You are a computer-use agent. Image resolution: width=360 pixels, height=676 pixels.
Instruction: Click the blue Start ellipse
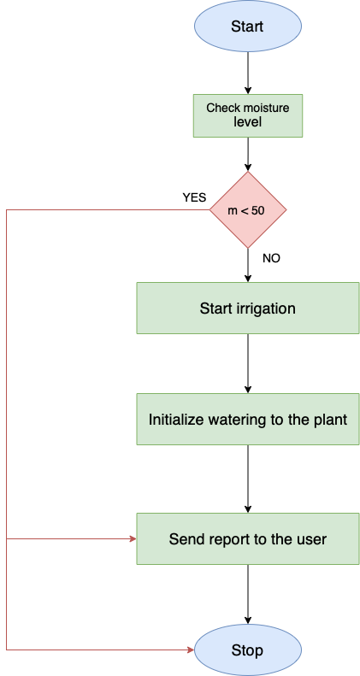tap(247, 26)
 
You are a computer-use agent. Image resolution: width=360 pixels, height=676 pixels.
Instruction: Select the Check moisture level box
tap(247, 115)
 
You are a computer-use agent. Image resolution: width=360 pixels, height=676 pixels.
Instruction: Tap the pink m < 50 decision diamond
tap(247, 209)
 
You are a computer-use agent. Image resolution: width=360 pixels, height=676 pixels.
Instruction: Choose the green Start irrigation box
tap(247, 309)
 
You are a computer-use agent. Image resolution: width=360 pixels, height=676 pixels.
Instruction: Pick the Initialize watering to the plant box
tap(247, 420)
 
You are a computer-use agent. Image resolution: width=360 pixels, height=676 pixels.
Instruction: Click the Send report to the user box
tap(247, 539)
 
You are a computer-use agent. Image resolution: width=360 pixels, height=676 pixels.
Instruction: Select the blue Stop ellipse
tap(247, 650)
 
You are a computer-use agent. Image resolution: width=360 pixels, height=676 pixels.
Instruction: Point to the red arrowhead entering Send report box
tap(133, 539)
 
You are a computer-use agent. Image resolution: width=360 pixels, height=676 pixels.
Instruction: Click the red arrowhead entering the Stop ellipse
tap(191, 650)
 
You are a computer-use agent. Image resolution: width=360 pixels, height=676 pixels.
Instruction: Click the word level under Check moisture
tap(247, 123)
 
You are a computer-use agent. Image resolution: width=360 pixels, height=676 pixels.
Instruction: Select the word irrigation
tap(265, 309)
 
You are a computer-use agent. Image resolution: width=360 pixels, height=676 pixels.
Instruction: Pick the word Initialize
tap(177, 420)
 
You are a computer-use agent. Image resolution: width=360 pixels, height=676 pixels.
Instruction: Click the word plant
tap(329, 420)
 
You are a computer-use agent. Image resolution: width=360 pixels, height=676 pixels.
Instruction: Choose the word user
tap(310, 539)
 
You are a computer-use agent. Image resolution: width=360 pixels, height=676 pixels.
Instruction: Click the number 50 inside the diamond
tap(258, 210)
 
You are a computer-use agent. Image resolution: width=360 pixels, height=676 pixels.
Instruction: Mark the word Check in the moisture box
tap(222, 109)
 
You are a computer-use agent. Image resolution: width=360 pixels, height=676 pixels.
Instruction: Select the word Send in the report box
tap(185, 539)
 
